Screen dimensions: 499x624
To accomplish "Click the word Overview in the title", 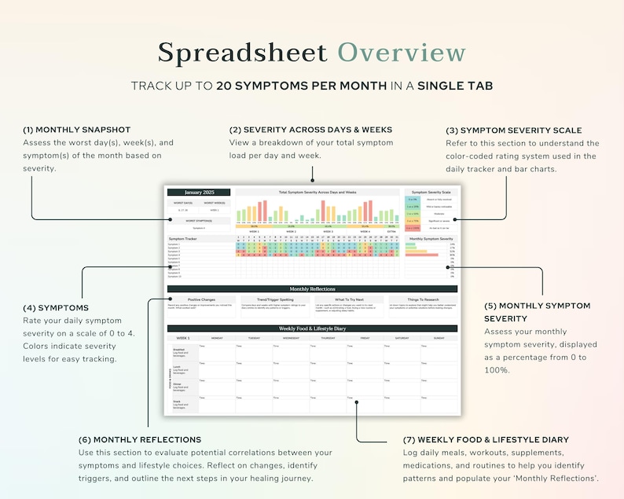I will click(x=402, y=53).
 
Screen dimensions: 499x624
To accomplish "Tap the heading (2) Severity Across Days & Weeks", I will click(x=310, y=130).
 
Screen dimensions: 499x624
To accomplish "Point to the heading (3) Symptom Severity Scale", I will click(x=524, y=130).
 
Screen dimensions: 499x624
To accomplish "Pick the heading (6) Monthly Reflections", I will click(x=140, y=439).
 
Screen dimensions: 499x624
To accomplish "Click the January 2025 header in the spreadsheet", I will click(x=199, y=192).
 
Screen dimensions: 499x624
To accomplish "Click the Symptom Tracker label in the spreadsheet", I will click(x=182, y=238).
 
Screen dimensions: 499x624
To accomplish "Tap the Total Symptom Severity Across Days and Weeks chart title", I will click(x=318, y=192).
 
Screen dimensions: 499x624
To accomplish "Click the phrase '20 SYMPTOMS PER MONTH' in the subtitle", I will click(x=302, y=85).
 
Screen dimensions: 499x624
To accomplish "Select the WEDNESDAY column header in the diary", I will click(x=291, y=338).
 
